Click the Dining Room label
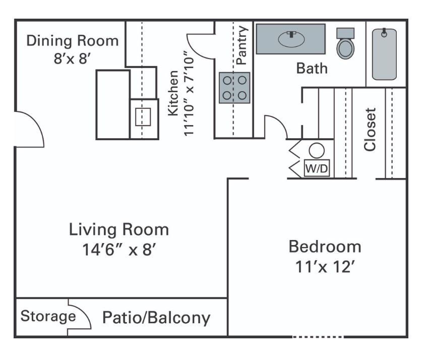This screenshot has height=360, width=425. pos(73,40)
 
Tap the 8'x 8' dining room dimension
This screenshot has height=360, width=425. pos(73,58)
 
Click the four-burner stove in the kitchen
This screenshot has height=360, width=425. pos(234,88)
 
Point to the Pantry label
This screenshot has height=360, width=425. pos(241,45)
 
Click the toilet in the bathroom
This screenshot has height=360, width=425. pos(345,44)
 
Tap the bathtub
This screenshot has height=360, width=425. pos(384,54)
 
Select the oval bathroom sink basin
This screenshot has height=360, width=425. pos(290,39)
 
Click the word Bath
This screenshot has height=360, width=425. pos(312,68)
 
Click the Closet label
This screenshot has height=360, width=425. pos(371,129)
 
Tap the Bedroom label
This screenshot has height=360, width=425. pos(325,247)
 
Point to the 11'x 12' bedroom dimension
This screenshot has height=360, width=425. pos(325,266)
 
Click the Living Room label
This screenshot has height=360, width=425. pos(118,230)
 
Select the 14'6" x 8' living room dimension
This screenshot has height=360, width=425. pos(118,249)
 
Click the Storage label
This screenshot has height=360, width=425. pos(48,317)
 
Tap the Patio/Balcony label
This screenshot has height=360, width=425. pos(156,318)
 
